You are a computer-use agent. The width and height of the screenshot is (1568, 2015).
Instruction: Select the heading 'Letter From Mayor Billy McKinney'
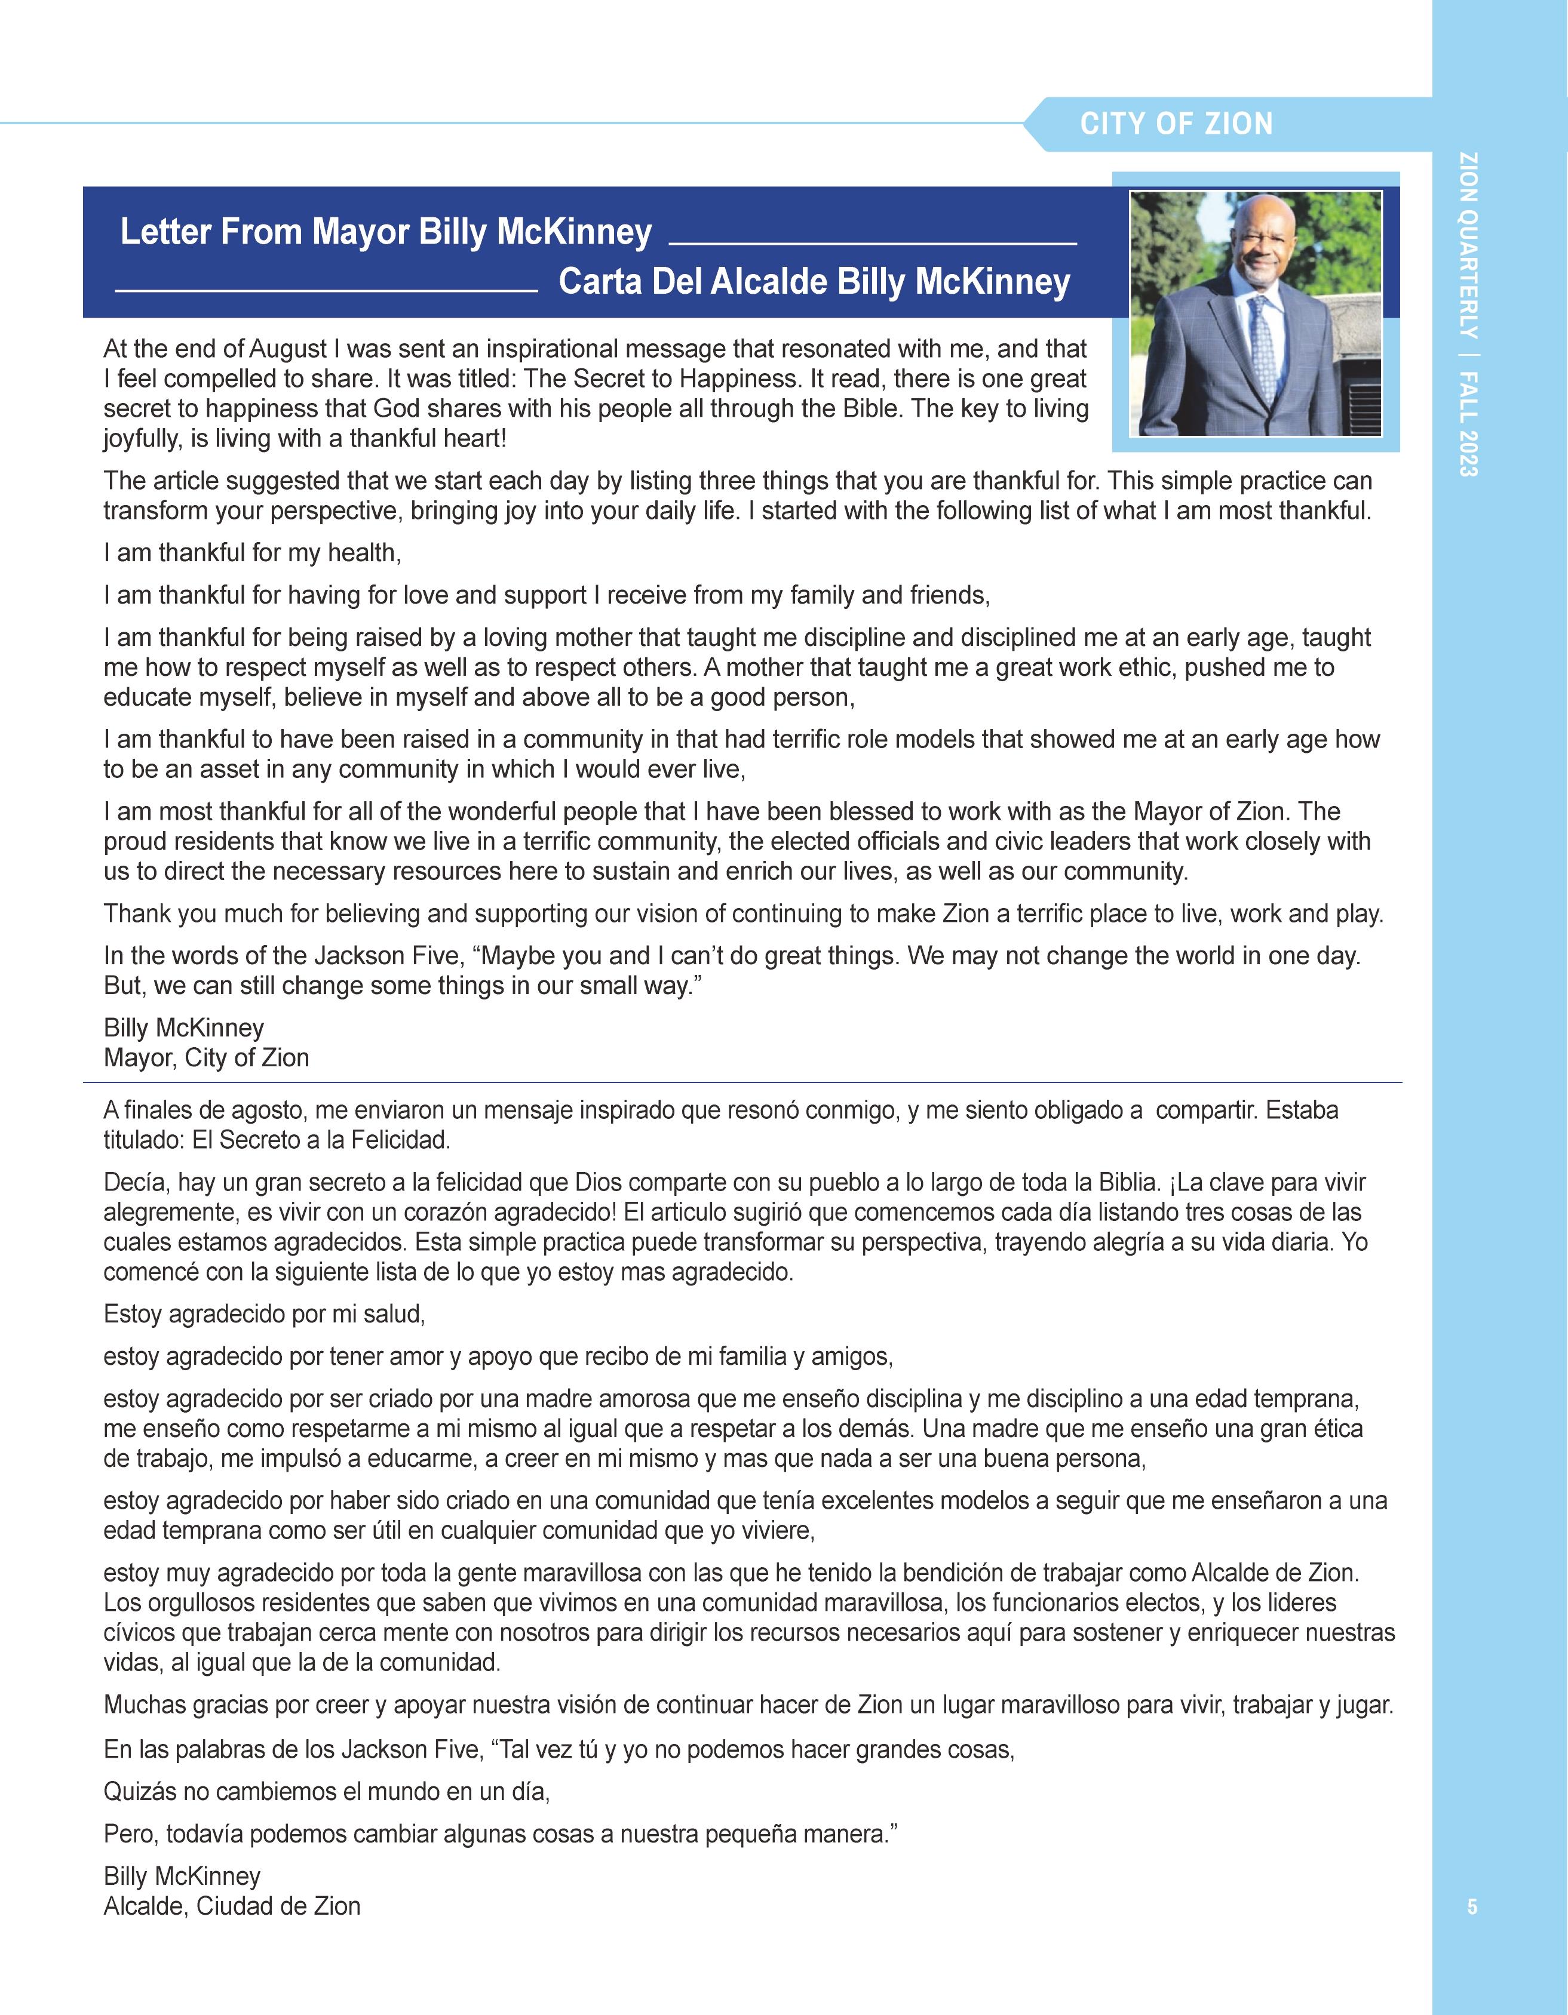coord(386,232)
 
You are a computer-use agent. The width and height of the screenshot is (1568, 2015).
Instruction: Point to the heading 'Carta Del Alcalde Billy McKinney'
coord(814,281)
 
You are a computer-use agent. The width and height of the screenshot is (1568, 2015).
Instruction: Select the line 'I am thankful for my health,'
coord(253,553)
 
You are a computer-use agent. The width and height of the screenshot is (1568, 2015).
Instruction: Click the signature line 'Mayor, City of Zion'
coord(206,1057)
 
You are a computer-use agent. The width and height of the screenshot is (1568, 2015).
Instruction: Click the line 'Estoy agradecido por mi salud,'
coord(264,1314)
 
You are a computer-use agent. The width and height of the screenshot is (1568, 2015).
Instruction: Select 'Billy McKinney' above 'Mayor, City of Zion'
coord(183,1028)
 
